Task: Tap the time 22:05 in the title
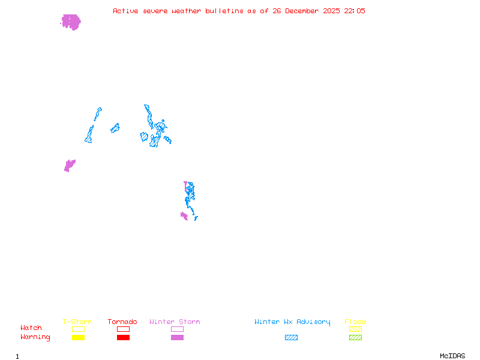(x=355, y=11)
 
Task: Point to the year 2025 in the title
(x=331, y=11)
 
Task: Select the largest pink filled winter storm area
(x=71, y=22)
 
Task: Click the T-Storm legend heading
(x=77, y=322)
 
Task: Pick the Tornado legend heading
(x=122, y=322)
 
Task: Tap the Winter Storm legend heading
(x=175, y=322)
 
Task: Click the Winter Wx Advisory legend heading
(x=292, y=322)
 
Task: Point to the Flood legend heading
(x=355, y=322)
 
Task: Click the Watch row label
(x=31, y=328)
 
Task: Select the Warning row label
(x=35, y=337)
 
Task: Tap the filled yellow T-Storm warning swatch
(x=78, y=337)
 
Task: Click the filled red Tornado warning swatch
(x=123, y=337)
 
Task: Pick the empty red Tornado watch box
(x=123, y=329)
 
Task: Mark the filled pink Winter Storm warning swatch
(x=177, y=337)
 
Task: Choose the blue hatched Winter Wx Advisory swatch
(x=291, y=337)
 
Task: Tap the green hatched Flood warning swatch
(x=355, y=337)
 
